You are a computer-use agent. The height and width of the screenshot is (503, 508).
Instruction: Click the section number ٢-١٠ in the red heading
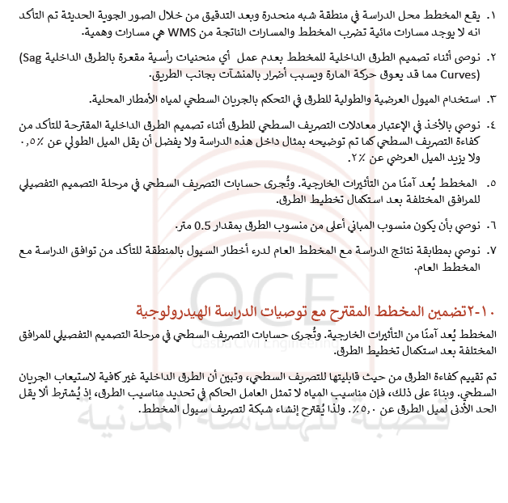click(x=482, y=311)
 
